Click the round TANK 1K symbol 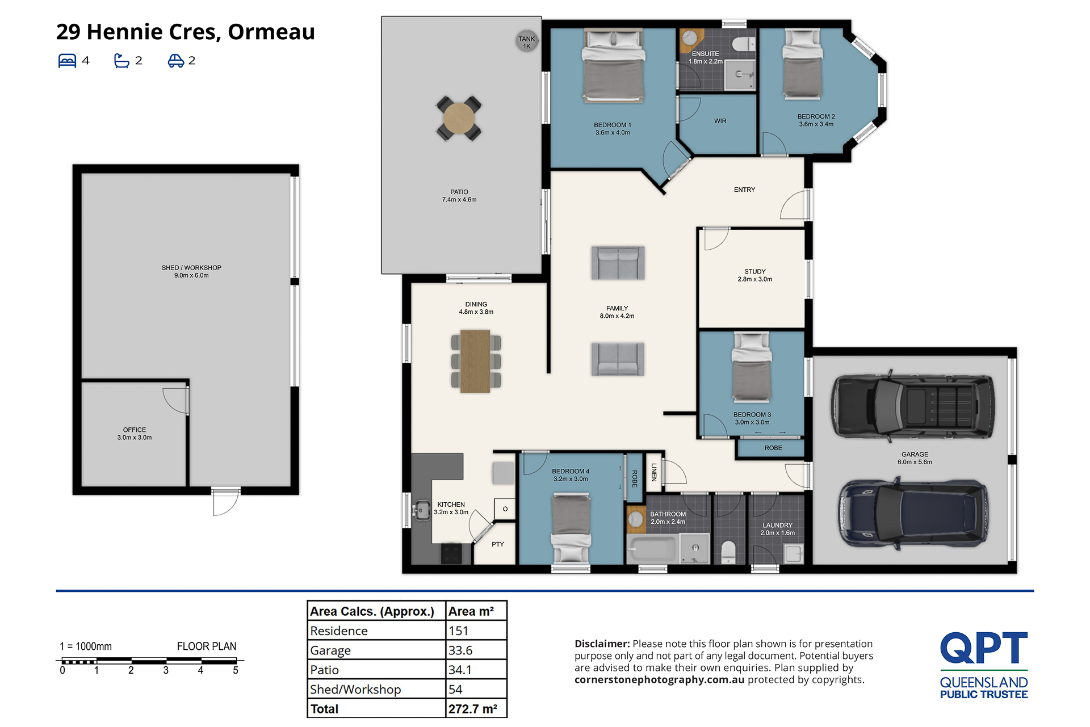(x=527, y=41)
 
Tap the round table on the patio (x=459, y=118)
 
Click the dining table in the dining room (x=475, y=362)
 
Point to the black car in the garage (x=913, y=406)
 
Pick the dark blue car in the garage (x=913, y=514)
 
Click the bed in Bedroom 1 (x=613, y=66)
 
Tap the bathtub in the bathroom (x=652, y=549)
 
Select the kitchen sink (x=421, y=510)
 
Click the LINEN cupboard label (x=654, y=472)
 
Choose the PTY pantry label (x=498, y=544)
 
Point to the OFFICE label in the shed (x=135, y=430)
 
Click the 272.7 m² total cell (x=473, y=709)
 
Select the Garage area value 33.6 (x=460, y=650)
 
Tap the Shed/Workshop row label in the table (x=355, y=690)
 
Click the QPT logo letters (x=984, y=648)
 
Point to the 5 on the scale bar (x=236, y=671)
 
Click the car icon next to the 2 (x=175, y=61)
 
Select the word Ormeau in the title (x=271, y=32)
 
